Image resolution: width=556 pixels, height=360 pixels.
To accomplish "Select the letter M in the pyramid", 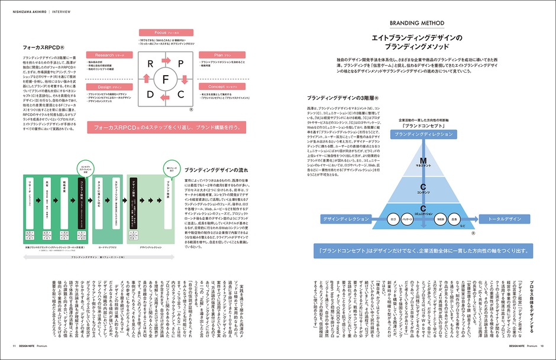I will pos(423,161).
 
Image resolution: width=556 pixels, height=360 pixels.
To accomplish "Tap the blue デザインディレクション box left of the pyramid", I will pos(337,219).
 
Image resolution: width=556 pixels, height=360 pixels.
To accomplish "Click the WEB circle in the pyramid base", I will pos(440,219).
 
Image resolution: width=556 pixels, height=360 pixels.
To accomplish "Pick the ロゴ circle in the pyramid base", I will pos(392,219).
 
